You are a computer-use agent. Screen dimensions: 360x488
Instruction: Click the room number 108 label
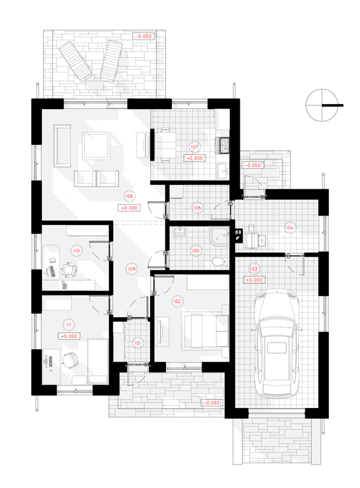129,196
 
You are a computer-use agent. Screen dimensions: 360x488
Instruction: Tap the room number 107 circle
195,147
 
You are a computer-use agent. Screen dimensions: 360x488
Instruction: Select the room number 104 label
289,227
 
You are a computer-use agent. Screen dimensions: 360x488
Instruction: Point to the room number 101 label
137,343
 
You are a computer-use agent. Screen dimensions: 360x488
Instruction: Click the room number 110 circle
76,250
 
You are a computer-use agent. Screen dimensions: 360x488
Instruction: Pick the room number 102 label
177,301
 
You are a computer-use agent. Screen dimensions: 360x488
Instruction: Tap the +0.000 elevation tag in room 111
69,336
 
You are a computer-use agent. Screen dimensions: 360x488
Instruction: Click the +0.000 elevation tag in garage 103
254,280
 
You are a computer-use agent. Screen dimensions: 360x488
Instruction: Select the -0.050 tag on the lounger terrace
144,36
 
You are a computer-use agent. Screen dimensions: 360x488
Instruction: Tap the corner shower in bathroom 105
219,236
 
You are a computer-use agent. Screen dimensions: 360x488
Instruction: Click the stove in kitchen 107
224,146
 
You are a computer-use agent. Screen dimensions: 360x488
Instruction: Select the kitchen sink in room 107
223,170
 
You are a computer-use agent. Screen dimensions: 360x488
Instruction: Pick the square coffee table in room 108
96,146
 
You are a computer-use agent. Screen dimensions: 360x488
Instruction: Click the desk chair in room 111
71,360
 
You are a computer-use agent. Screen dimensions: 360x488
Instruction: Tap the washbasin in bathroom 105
179,231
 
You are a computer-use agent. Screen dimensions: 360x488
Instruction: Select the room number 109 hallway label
132,269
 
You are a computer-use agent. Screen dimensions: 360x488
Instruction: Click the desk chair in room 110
69,269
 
